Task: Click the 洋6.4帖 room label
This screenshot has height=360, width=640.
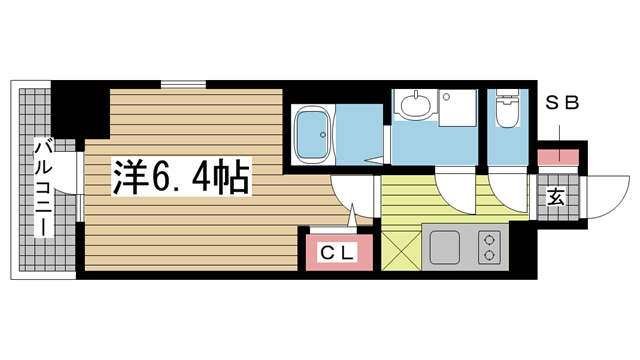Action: tap(180, 176)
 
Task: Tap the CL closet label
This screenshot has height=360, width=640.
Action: tap(337, 253)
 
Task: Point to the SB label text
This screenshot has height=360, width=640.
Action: tap(562, 103)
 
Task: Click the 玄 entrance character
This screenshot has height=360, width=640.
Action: tap(557, 198)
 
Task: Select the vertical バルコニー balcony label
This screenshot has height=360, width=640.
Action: tap(44, 189)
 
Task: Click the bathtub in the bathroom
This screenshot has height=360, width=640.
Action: tap(313, 135)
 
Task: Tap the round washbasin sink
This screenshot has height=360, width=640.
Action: tap(416, 104)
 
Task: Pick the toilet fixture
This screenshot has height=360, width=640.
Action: tap(507, 108)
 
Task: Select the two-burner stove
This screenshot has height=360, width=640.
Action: tap(489, 247)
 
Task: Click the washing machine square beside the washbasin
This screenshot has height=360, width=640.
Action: tap(458, 108)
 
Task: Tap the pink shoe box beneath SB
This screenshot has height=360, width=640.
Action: tap(558, 157)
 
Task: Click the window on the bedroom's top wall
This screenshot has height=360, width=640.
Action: tap(183, 84)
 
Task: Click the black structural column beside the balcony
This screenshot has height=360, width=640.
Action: tap(80, 109)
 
